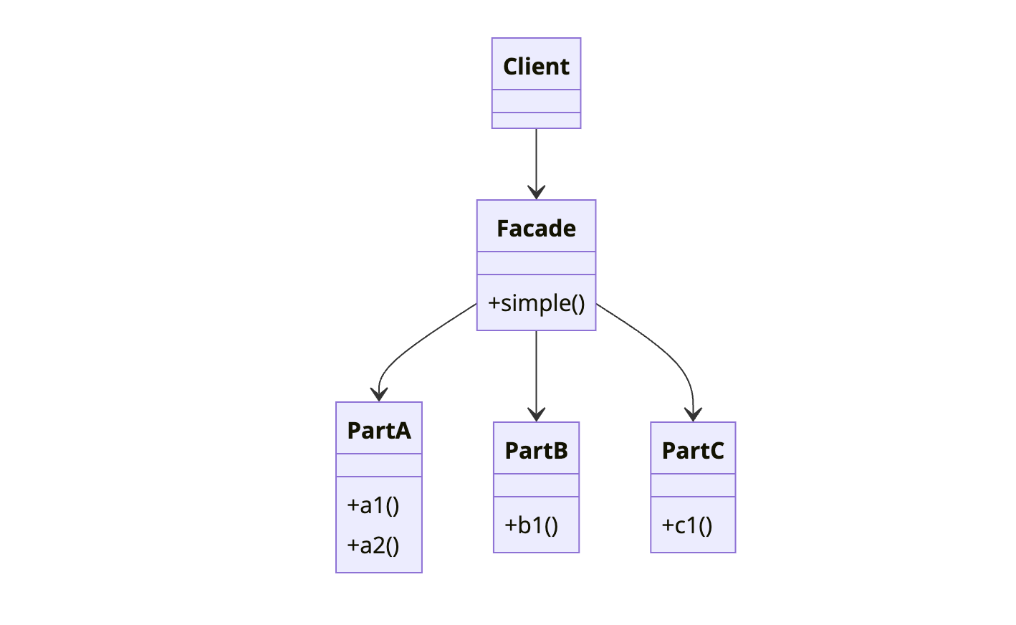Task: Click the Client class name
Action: click(536, 66)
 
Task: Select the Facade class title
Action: click(536, 228)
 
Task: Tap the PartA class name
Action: click(379, 430)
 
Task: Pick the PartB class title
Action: click(536, 450)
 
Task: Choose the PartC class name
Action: click(693, 450)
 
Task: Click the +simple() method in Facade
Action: click(536, 303)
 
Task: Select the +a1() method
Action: click(373, 505)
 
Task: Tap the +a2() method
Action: click(373, 545)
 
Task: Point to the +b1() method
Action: click(531, 525)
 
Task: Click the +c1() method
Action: click(687, 525)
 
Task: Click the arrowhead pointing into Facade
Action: click(536, 192)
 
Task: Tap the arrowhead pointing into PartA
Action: click(379, 394)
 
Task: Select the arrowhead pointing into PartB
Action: click(536, 414)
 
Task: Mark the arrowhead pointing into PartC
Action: click(693, 414)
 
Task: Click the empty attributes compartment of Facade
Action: click(536, 263)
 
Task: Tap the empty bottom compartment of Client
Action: click(536, 120)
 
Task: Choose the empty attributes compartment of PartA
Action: click(379, 465)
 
